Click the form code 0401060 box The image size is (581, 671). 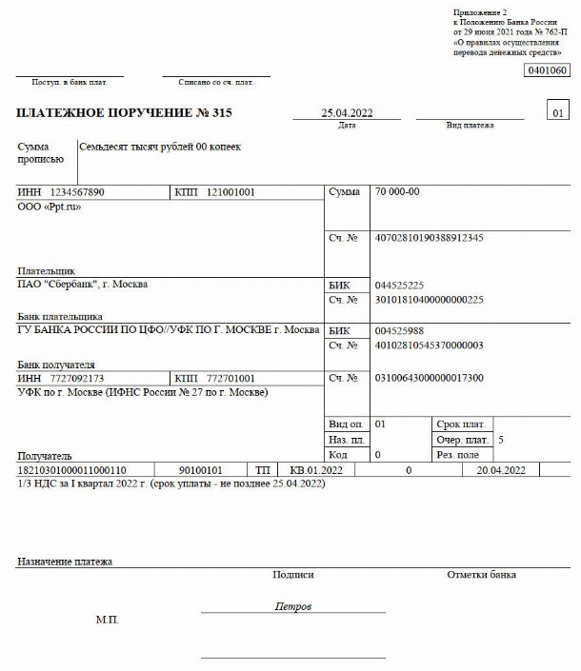pos(547,70)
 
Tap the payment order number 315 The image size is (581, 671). pos(222,113)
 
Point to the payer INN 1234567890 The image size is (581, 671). pos(77,192)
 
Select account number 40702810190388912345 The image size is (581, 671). pos(429,237)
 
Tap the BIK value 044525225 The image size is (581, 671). pos(400,285)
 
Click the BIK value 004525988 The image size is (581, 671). pos(400,330)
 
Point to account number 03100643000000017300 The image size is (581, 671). pos(430,378)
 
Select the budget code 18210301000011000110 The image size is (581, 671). pos(72,469)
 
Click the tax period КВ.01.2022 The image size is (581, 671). pos(314,469)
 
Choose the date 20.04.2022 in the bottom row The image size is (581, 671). pos(501,469)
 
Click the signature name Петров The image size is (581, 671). pos(292,606)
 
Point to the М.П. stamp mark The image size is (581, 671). pos(108,620)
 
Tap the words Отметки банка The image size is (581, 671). pos(481,575)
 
